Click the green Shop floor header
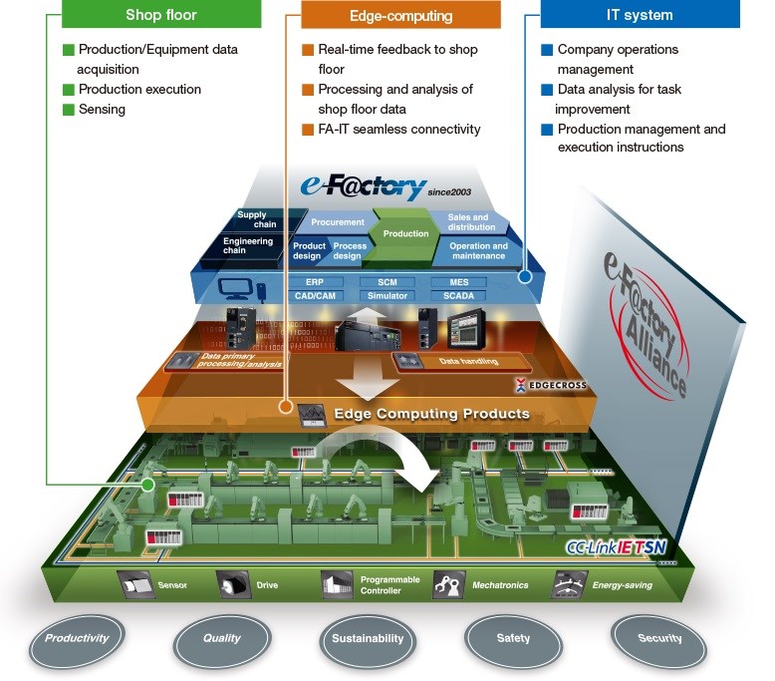coord(162,14)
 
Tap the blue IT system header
coord(640,14)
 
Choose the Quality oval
coord(221,638)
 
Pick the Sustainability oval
coord(367,638)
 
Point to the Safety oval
coord(513,638)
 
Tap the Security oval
coord(659,638)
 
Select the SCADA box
coord(458,296)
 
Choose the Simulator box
coord(387,296)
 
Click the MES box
coord(458,282)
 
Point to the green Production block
coord(405,233)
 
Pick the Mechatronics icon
coord(449,584)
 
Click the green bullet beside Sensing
coord(68,110)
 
